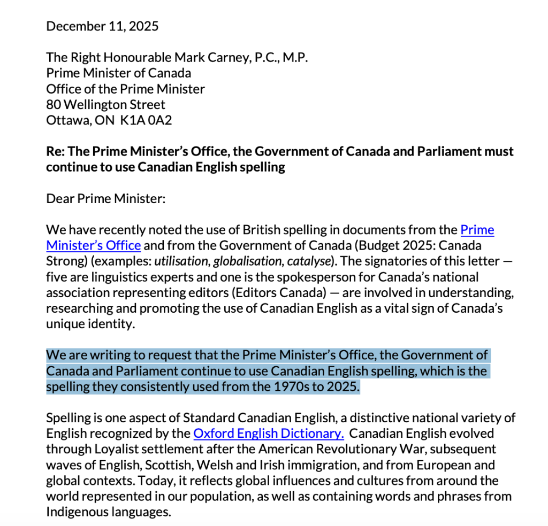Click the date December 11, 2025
[x=102, y=26]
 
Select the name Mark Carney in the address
[x=211, y=57]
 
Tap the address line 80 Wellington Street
[x=105, y=104]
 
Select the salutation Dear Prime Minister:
[x=106, y=198]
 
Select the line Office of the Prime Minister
[x=125, y=89]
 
